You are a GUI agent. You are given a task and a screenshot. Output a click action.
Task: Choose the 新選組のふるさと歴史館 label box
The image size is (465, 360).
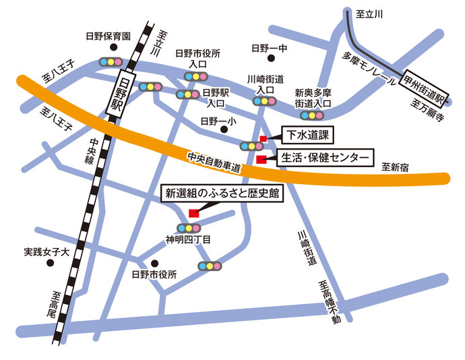pyautogui.click(x=222, y=193)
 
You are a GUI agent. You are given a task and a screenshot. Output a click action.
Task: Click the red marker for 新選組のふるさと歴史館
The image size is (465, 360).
pyautogui.click(x=193, y=213)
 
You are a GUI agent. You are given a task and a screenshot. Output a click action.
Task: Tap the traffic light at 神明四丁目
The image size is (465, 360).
pyautogui.click(x=189, y=228)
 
